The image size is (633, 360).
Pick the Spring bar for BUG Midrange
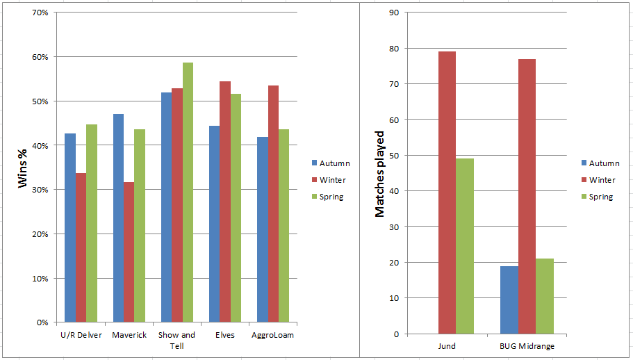pos(545,296)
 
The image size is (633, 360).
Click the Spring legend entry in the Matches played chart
pos(600,197)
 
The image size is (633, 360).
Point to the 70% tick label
pos(40,13)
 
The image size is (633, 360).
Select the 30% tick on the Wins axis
pos(40,190)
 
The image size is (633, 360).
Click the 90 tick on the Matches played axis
pos(394,13)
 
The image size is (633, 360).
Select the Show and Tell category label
pos(176,340)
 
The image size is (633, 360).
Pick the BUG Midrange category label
pos(527,345)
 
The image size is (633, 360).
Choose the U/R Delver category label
pos(81,335)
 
